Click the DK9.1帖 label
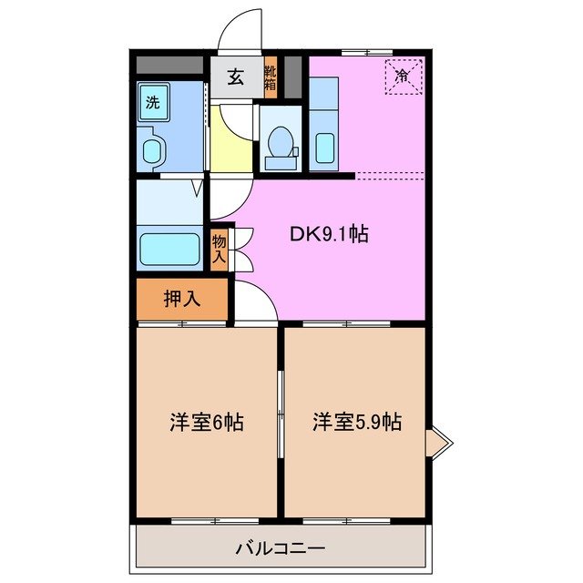click(329, 234)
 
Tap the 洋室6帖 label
click(207, 423)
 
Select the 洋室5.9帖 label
click(357, 423)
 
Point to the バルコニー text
click(281, 549)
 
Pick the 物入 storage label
click(220, 247)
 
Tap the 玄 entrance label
click(235, 77)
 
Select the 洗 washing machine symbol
click(153, 101)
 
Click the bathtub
click(169, 249)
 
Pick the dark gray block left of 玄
click(169, 66)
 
